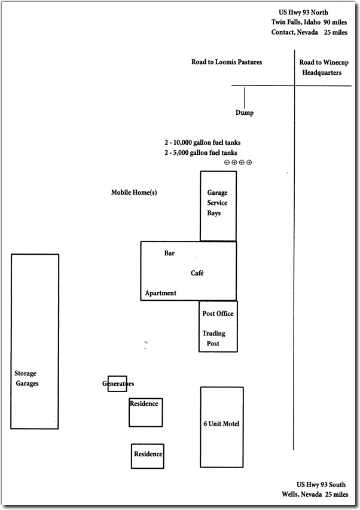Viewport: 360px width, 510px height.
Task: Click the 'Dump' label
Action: click(244, 113)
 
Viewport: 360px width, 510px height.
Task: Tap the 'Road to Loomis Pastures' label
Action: click(227, 62)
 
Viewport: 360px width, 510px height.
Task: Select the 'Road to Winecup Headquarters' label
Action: click(321, 68)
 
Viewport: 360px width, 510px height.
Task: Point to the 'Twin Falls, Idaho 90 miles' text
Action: click(308, 22)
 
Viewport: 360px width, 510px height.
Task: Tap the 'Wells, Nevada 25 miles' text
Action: click(315, 494)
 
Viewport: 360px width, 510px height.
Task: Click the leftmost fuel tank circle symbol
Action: click(227, 162)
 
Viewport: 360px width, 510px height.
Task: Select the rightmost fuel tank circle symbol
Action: click(249, 162)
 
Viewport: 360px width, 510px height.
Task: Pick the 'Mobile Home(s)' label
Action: click(134, 193)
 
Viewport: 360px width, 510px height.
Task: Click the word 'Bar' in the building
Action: click(169, 254)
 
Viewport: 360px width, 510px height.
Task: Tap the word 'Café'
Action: click(197, 273)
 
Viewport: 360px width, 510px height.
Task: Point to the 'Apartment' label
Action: click(161, 293)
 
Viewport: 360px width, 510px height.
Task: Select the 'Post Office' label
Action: click(218, 314)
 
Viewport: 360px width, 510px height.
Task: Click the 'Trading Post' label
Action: click(214, 338)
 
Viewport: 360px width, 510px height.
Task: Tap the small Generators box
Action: click(117, 384)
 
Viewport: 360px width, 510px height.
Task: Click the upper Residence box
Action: click(146, 412)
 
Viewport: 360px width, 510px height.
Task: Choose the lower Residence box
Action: click(148, 456)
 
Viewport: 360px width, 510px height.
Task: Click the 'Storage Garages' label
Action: click(26, 378)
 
